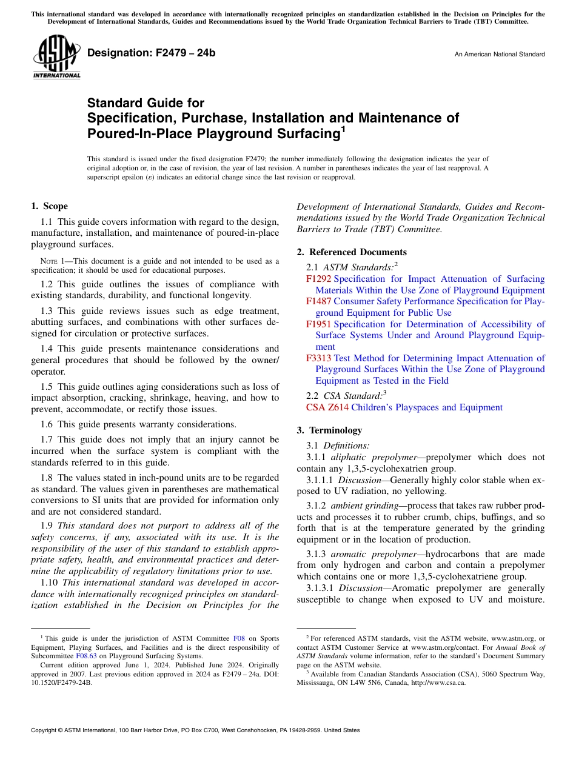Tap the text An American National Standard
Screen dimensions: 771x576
pos(499,55)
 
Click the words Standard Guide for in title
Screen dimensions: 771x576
pos(146,103)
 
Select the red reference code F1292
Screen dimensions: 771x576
pos(319,279)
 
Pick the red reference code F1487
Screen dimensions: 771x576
pos(319,301)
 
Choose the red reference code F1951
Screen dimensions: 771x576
pos(319,324)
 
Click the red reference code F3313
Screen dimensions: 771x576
pos(319,358)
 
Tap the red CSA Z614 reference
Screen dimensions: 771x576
pos(327,407)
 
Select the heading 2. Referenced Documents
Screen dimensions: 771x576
pos(352,252)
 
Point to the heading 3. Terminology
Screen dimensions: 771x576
pos(329,430)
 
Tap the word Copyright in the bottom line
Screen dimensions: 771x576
pos(45,730)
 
